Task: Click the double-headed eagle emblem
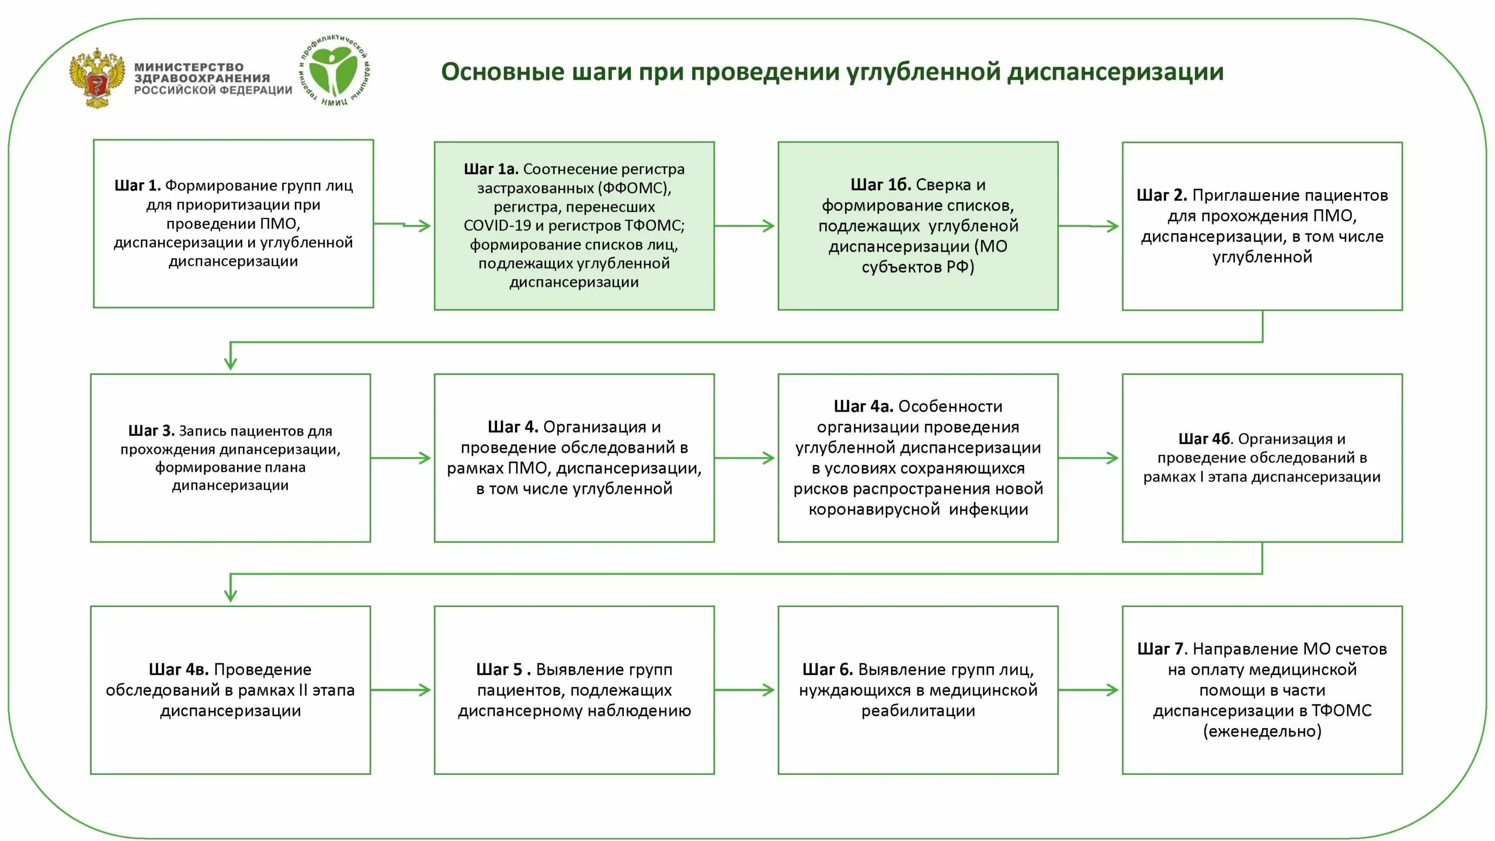[x=98, y=78]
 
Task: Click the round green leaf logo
[x=333, y=71]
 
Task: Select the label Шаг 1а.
[x=491, y=169]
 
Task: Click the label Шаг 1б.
[x=880, y=185]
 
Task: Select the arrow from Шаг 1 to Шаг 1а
[x=402, y=225]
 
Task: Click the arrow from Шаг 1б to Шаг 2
[x=1089, y=226]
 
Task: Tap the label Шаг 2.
[x=1162, y=196]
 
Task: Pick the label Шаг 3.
[x=151, y=431]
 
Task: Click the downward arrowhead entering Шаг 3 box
[x=231, y=363]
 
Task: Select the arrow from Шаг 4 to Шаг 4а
[x=745, y=458]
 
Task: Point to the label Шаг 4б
[x=1204, y=439]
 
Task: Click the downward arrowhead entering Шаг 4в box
[x=231, y=595]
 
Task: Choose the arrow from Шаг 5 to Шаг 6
[x=745, y=690]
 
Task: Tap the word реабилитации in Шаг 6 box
[x=918, y=711]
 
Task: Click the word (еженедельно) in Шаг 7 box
[x=1262, y=731]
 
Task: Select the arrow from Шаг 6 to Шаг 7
[x=1089, y=690]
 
